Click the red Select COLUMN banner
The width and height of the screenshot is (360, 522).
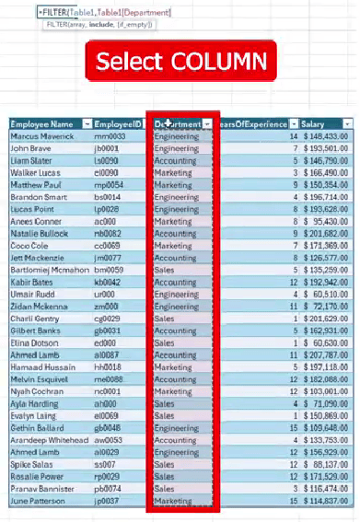[x=180, y=62]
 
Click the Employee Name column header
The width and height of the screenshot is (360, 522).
[x=42, y=123]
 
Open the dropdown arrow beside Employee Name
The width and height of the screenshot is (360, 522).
[x=86, y=123]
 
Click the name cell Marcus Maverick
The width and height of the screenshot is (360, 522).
[x=41, y=136]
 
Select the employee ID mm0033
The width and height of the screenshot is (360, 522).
[x=110, y=136]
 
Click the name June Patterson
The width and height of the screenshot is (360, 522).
[x=39, y=501]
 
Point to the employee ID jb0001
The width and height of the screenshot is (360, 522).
[x=108, y=148]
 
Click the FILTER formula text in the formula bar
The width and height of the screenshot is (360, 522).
[x=92, y=11]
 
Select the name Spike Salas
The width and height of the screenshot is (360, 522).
[x=31, y=464]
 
